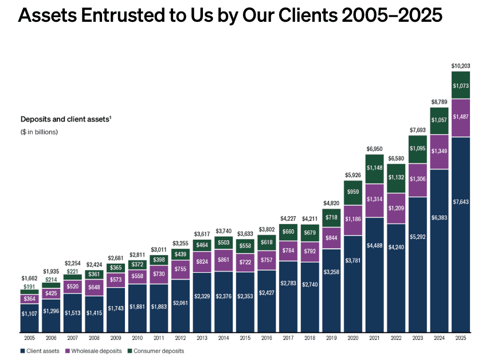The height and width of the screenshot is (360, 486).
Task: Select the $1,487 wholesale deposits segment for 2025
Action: (460, 117)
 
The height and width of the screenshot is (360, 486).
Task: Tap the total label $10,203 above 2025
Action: (460, 66)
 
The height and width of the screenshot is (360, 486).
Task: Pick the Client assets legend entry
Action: (42, 350)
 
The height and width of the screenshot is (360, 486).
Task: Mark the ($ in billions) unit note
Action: (39, 132)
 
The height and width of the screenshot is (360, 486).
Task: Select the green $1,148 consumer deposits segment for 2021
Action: (374, 168)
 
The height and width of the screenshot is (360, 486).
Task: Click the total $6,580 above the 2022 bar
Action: (396, 158)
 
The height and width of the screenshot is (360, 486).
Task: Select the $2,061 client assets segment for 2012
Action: (181, 302)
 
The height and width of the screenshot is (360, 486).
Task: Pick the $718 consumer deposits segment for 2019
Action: (331, 218)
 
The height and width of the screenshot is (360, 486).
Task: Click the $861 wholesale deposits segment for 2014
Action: (224, 260)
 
